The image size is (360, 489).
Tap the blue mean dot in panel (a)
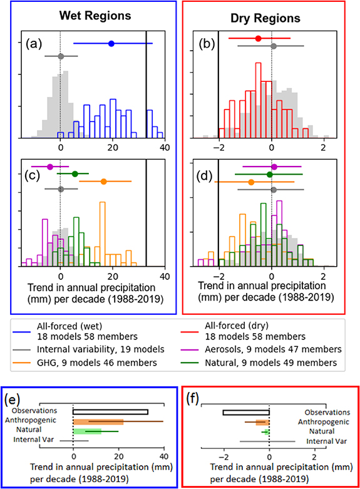click(111, 43)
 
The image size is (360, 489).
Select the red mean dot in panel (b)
click(258, 38)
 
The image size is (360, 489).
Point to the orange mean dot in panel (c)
click(104, 181)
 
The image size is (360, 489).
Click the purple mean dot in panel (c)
click(50, 167)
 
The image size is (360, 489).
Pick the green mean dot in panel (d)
click(270, 174)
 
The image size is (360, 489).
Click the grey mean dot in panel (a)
click(61, 56)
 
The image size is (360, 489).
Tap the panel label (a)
click(33, 44)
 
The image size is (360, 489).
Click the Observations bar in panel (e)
click(110, 412)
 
